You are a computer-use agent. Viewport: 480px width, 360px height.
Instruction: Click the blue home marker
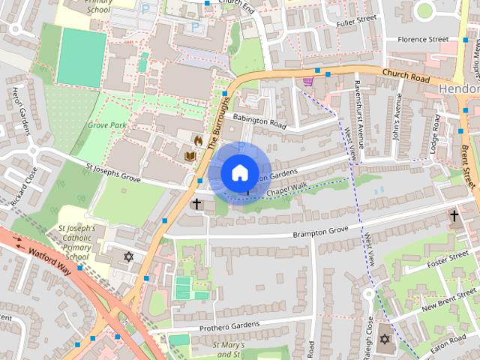[239, 172]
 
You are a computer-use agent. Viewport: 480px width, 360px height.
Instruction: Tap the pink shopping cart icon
[307, 81]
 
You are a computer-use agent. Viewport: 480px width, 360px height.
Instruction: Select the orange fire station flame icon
[198, 140]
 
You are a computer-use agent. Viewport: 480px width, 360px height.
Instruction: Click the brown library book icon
[190, 156]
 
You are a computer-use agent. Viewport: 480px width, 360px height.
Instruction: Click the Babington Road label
[259, 118]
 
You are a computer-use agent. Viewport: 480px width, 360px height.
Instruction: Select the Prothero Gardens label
[229, 327]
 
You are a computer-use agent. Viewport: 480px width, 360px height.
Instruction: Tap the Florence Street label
[422, 39]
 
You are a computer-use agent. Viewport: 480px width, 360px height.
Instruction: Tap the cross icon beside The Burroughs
[197, 204]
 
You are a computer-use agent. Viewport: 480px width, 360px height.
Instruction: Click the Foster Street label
[447, 259]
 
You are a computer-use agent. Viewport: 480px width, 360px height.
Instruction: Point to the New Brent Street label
[448, 298]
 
